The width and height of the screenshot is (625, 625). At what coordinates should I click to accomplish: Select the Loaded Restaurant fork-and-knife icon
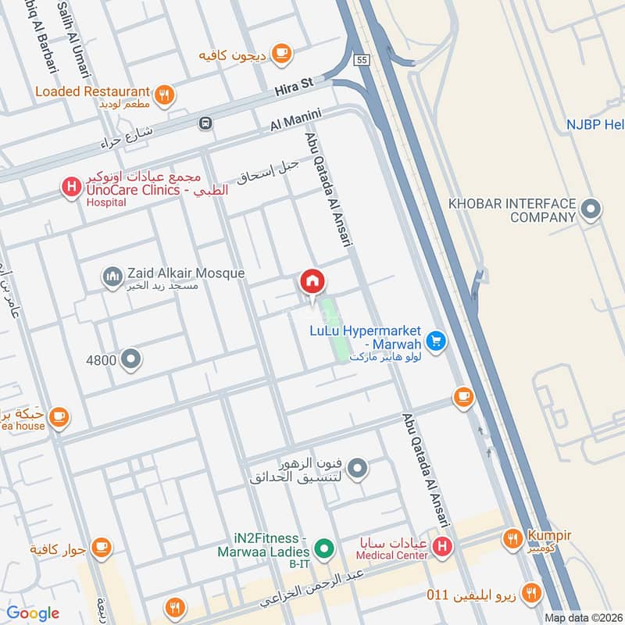coord(164,95)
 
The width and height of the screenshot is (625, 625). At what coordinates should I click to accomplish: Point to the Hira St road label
coord(293,91)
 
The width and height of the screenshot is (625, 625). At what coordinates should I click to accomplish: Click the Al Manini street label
coord(296,120)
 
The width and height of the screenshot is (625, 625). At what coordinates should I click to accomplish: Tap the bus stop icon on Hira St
coord(205,123)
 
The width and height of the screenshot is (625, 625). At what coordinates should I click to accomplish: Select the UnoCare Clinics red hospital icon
coord(71,187)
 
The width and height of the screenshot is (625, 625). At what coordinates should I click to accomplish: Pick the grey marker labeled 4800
coord(132,359)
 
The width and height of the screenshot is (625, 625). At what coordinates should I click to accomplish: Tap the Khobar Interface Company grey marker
coord(591,209)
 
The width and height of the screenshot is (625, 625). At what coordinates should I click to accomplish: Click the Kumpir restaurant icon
coord(512,538)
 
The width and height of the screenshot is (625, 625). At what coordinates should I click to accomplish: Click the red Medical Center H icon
coord(443,547)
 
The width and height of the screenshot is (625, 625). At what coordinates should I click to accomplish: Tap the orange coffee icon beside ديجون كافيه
coord(281,54)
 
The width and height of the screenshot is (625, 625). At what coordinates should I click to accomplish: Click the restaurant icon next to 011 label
coord(532,593)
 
